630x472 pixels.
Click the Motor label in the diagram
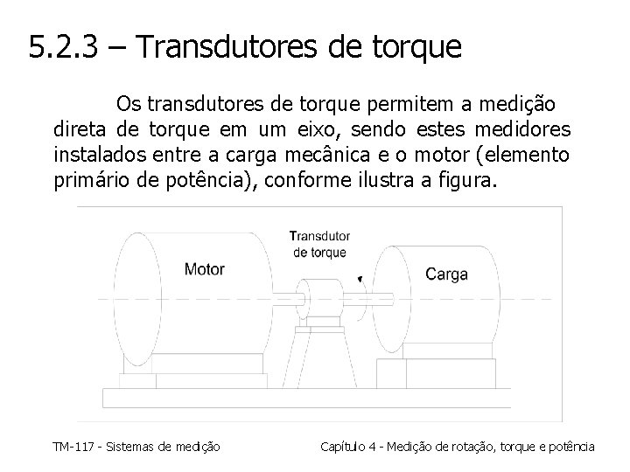pyautogui.click(x=204, y=268)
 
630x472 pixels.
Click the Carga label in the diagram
pyautogui.click(x=446, y=274)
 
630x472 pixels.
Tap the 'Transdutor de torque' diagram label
pyautogui.click(x=320, y=244)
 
